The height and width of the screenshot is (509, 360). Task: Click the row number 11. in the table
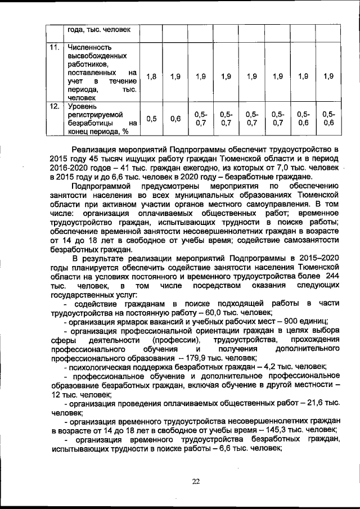(x=54, y=47)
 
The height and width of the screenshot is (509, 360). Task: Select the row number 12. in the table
(x=54, y=105)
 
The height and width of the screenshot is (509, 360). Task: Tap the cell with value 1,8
(x=151, y=76)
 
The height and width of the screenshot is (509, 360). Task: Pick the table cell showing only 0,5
(x=151, y=119)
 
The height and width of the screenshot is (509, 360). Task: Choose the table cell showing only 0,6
(x=175, y=119)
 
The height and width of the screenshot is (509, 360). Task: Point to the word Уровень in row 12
(x=82, y=105)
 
